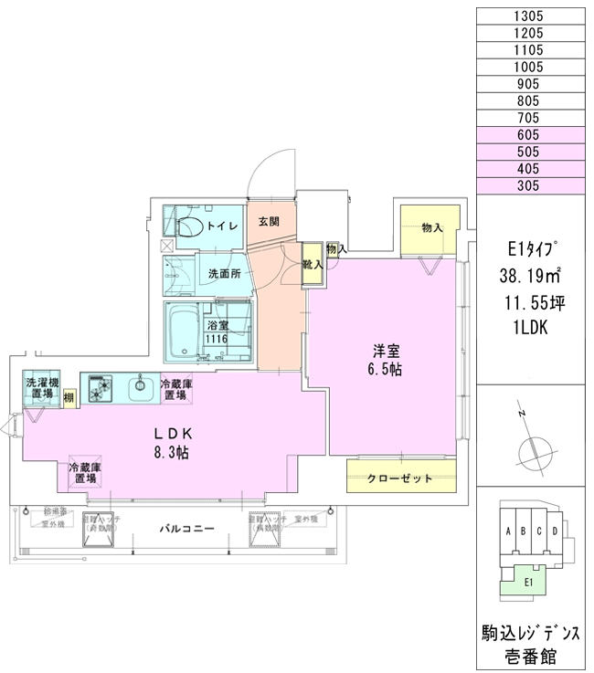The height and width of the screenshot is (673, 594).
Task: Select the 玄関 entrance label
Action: click(269, 222)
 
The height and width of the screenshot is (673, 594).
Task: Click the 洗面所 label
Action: click(223, 273)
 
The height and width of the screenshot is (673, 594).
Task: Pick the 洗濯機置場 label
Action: click(40, 389)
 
